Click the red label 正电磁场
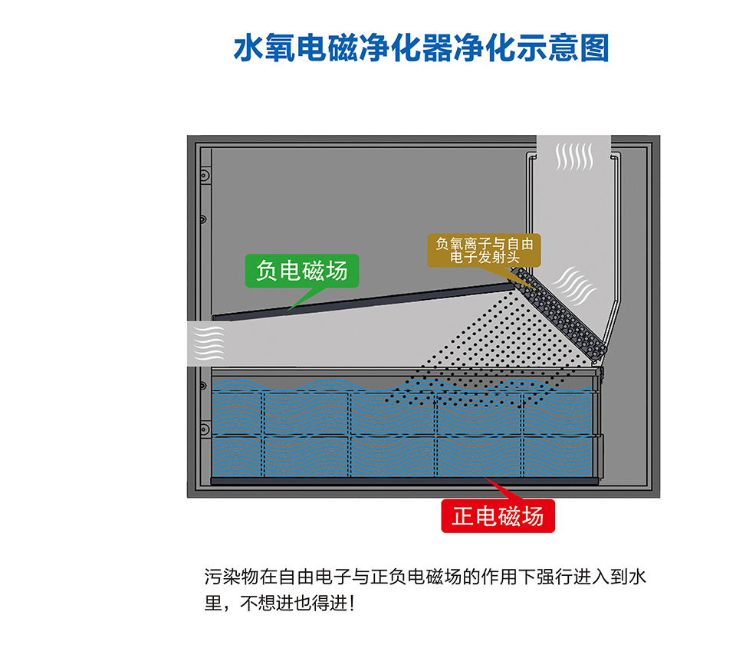pos(498,516)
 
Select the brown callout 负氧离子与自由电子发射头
pos(485,250)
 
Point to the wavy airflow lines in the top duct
pos(574,156)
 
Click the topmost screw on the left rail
pos(204,176)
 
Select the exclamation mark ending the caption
pos(352,603)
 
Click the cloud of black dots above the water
pos(491,345)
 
